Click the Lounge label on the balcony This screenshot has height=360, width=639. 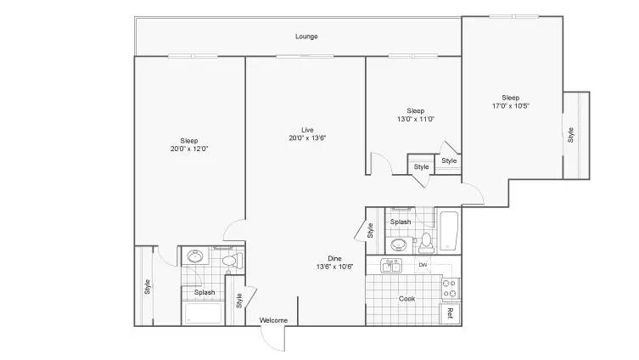coord(306,37)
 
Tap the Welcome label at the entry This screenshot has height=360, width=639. coord(273,320)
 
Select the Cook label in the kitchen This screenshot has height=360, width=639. coord(406,299)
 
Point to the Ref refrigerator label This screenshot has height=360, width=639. coord(450,312)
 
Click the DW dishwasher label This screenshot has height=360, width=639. coord(423,266)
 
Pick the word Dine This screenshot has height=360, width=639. coord(336,258)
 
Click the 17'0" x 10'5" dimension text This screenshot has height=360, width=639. coord(510,106)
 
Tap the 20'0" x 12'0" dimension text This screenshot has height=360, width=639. coord(189,149)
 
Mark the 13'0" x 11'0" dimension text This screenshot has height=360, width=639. coord(415,120)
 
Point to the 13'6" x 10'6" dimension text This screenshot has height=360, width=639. coord(336,267)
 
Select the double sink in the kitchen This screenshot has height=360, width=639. coord(394,266)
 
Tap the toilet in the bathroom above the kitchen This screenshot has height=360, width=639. coord(427,244)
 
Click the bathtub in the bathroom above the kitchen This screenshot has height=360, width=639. coord(448,231)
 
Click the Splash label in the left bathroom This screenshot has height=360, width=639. coord(204,293)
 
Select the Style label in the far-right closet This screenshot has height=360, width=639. coord(570,134)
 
